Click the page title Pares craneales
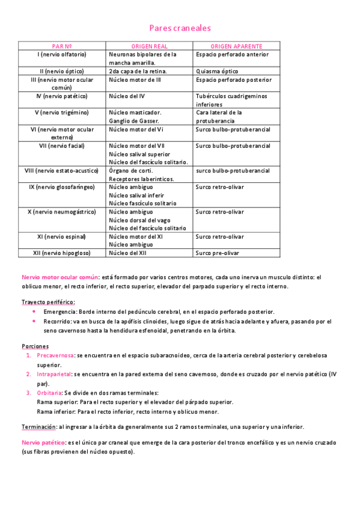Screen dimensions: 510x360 click(180, 28)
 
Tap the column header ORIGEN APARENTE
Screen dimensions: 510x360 click(236, 46)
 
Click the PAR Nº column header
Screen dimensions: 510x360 click(63, 46)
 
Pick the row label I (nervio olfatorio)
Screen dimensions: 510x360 click(62, 54)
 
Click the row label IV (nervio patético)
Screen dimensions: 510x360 click(62, 96)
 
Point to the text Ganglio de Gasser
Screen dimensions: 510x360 click(133, 121)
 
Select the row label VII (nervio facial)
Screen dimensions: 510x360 click(62, 146)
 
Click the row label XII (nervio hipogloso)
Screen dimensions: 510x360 click(62, 253)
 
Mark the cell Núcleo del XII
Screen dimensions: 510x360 click(127, 253)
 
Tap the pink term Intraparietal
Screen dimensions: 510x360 click(53, 374)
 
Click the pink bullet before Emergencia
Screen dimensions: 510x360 click(34, 312)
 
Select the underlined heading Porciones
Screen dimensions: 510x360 click(35, 346)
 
